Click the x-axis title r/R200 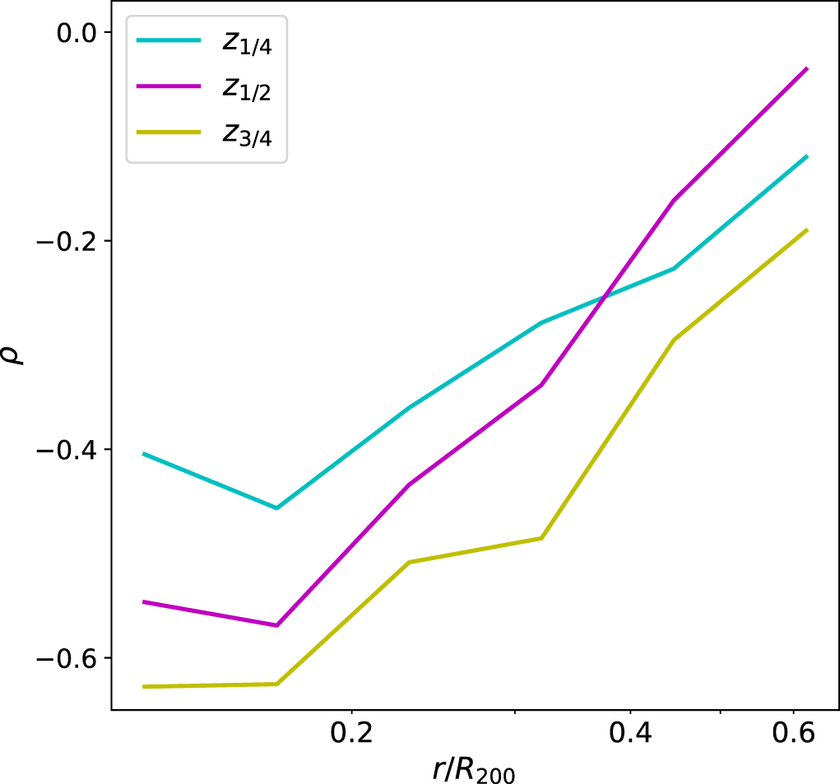(x=474, y=770)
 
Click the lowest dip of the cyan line (x=276, y=508)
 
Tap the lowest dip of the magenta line (x=276, y=625)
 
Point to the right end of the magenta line (x=807, y=69)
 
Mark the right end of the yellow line (x=807, y=230)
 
